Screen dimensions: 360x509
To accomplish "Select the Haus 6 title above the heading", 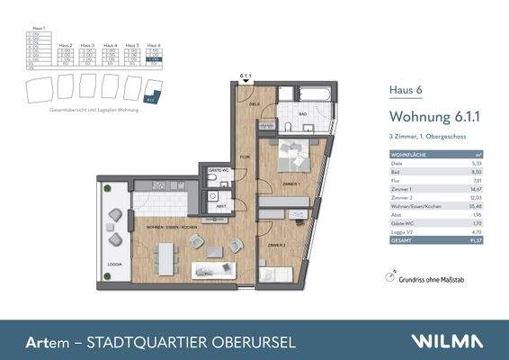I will (402, 89).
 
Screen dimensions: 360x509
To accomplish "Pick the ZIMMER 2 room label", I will (276, 245).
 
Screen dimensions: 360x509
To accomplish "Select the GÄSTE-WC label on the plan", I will (216, 170).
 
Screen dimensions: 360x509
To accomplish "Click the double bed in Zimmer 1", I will (293, 157).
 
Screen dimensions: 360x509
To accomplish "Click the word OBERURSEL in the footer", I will (243, 342).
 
